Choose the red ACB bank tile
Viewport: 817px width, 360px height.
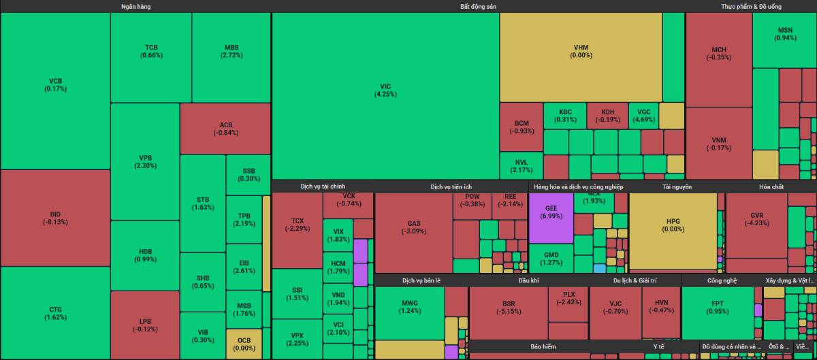tap(225, 129)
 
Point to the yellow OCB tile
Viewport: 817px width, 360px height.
tap(244, 344)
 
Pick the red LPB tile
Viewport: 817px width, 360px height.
tap(146, 325)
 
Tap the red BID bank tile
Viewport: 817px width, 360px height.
tap(55, 218)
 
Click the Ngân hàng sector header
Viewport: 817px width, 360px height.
tap(135, 6)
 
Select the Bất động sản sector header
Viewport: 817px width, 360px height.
tap(478, 6)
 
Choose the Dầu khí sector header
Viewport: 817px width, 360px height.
tap(528, 280)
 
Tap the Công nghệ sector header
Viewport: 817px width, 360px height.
tap(722, 280)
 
